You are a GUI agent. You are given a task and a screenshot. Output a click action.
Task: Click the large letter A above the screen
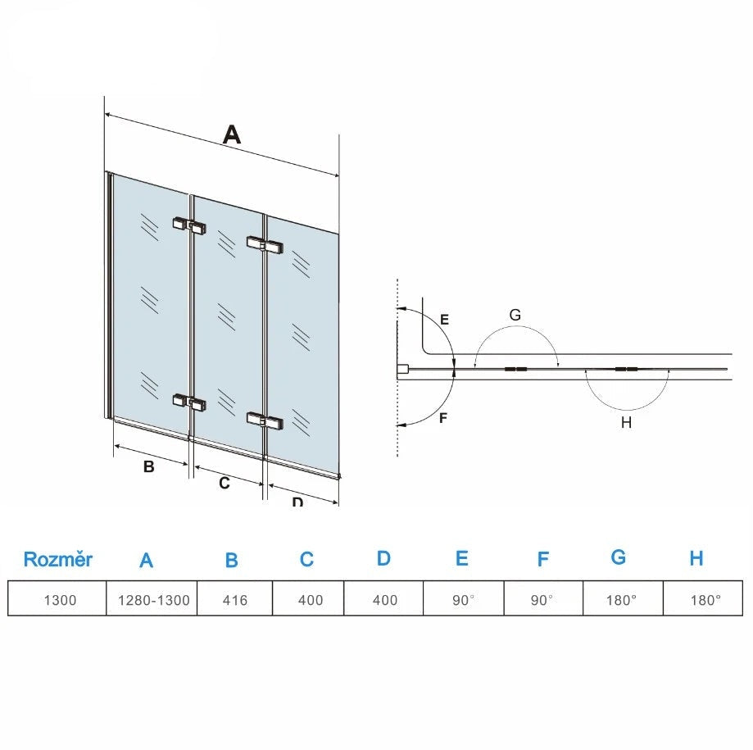point(233,134)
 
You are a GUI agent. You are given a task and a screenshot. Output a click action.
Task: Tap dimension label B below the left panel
point(148,467)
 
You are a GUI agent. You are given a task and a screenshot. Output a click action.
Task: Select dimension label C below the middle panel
point(224,484)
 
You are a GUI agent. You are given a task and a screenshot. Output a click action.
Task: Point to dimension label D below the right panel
point(297,501)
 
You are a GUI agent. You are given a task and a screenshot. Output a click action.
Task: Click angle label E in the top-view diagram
point(444,320)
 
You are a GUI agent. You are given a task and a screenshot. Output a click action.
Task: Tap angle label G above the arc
point(515,315)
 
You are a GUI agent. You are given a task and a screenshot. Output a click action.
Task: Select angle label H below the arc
point(626,423)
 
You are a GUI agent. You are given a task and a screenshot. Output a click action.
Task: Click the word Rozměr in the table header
point(58,560)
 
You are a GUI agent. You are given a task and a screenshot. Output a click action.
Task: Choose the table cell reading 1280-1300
point(153,600)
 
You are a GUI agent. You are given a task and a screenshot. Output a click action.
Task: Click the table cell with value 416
point(234,600)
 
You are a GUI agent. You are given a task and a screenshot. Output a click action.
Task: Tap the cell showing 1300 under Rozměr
point(60,600)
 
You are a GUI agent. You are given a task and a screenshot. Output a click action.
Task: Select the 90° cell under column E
point(463,600)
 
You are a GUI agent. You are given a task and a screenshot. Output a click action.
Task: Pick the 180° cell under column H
point(705,600)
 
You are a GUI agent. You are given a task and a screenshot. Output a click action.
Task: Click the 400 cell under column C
point(311,600)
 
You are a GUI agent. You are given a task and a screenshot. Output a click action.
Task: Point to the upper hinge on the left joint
point(189,224)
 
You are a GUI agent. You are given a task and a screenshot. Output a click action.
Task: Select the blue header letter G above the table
point(619,557)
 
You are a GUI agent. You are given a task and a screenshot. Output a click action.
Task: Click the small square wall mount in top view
point(402,370)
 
